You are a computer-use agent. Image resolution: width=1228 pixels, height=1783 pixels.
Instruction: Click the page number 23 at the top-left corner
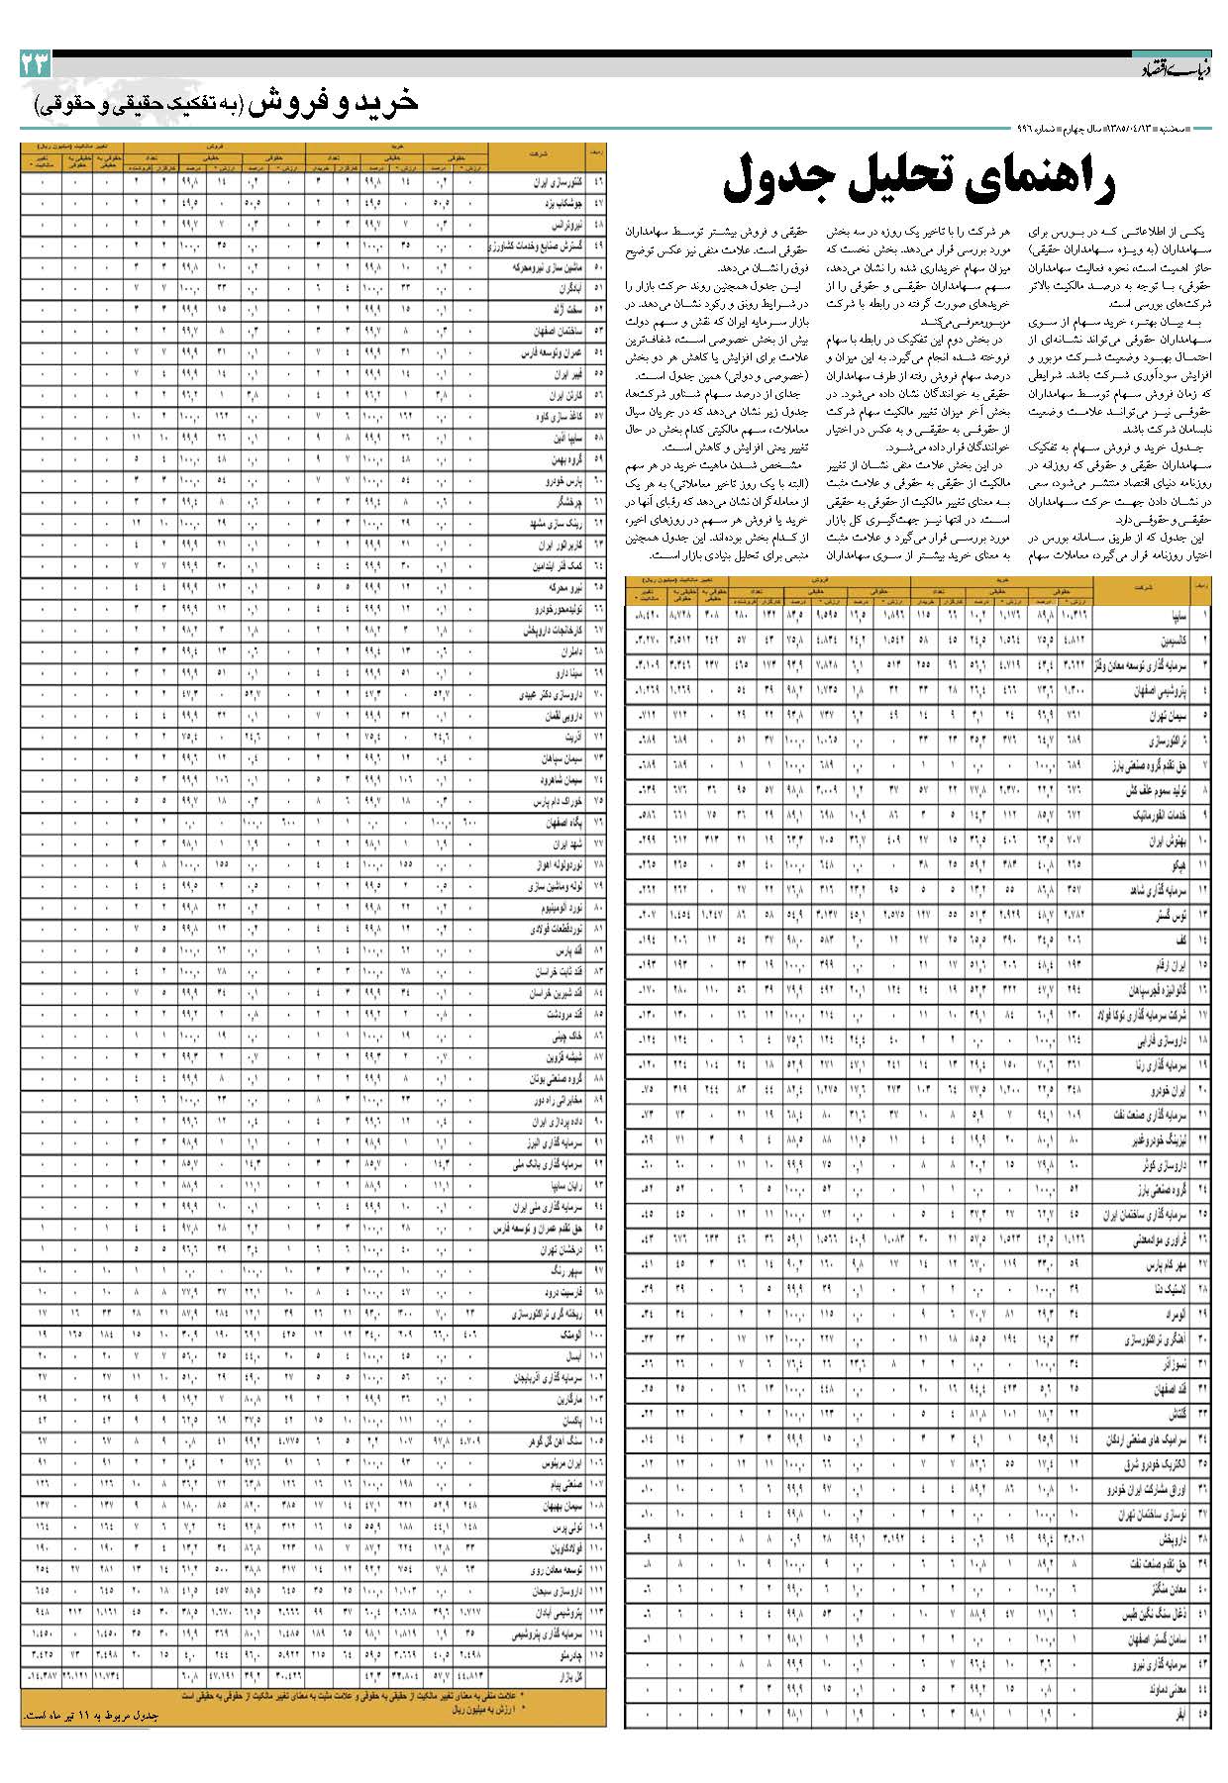pos(34,65)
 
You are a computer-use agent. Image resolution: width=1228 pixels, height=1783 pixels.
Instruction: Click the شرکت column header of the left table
pos(541,154)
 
